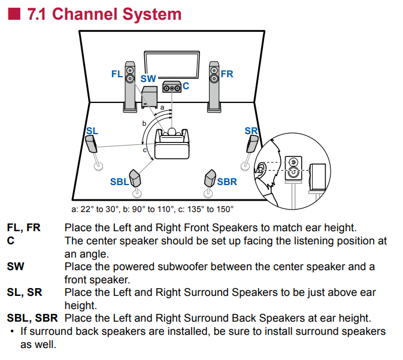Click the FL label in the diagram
[117, 74]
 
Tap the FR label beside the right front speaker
[227, 74]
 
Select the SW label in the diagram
[148, 78]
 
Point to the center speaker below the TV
[171, 87]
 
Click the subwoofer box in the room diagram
[149, 97]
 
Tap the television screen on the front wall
[171, 65]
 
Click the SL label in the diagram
[92, 131]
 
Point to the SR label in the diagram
[251, 131]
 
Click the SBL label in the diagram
[119, 181]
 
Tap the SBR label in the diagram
[227, 181]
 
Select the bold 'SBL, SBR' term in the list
[32, 317]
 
